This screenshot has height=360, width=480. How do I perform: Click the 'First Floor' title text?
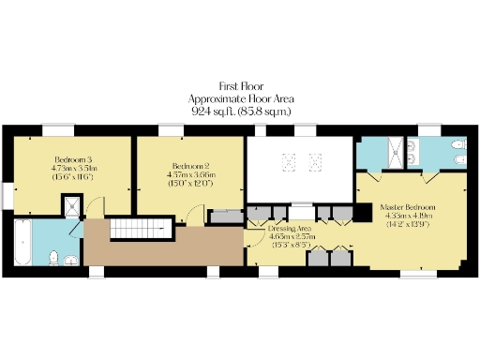coord(240,84)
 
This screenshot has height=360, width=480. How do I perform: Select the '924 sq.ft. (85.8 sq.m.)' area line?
coord(240,110)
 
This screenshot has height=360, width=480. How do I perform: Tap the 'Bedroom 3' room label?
coord(70,157)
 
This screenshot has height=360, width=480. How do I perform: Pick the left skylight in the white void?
coord(289,161)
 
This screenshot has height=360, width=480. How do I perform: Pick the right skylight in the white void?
coord(316,161)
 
